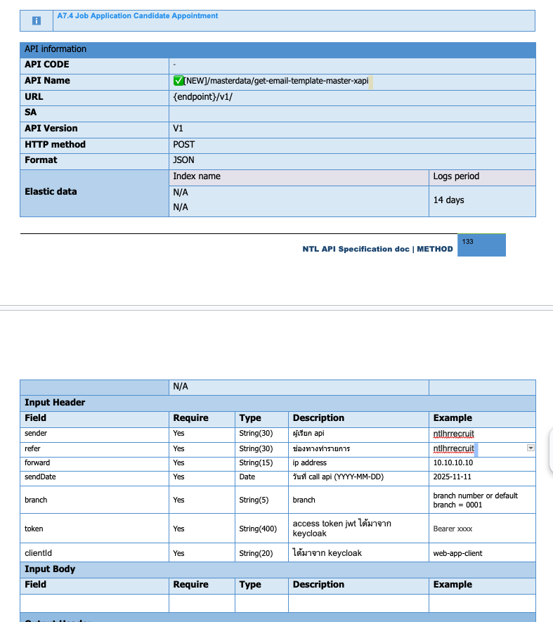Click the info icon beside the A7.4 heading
(x=37, y=22)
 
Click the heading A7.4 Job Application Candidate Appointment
(x=138, y=16)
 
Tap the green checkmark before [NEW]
(x=178, y=81)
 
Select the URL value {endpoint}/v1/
(x=202, y=97)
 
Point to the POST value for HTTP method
(x=183, y=145)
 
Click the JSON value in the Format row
(x=183, y=160)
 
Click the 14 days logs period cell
(x=448, y=200)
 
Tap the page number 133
(x=468, y=242)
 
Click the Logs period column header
(x=456, y=176)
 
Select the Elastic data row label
(x=51, y=192)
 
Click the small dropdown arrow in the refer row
(x=531, y=448)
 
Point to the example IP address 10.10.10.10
(x=453, y=463)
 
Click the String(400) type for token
(x=258, y=529)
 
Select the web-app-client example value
(x=457, y=553)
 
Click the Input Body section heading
(x=50, y=569)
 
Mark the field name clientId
(x=38, y=553)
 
